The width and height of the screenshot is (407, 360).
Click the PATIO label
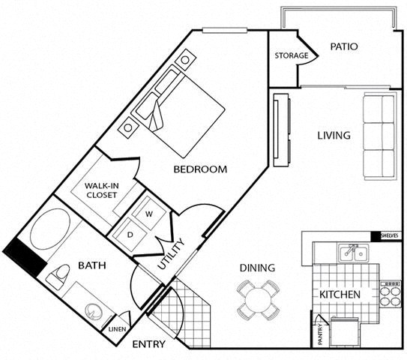tap(344, 46)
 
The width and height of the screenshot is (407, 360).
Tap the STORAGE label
tap(291, 56)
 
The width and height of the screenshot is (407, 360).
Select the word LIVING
tap(333, 136)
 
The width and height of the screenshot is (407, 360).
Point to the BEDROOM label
tap(199, 169)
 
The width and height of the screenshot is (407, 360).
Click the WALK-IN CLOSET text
tap(100, 190)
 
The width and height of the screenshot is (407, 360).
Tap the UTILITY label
tap(172, 256)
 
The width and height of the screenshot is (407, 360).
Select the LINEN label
tap(117, 328)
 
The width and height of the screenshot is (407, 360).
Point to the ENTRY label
tap(149, 345)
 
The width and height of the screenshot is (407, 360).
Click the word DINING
tap(257, 268)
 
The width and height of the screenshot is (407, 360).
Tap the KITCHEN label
tap(341, 295)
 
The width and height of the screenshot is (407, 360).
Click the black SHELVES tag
tap(389, 237)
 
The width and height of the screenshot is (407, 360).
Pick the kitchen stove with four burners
tap(391, 294)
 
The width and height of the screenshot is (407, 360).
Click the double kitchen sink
tap(352, 253)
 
